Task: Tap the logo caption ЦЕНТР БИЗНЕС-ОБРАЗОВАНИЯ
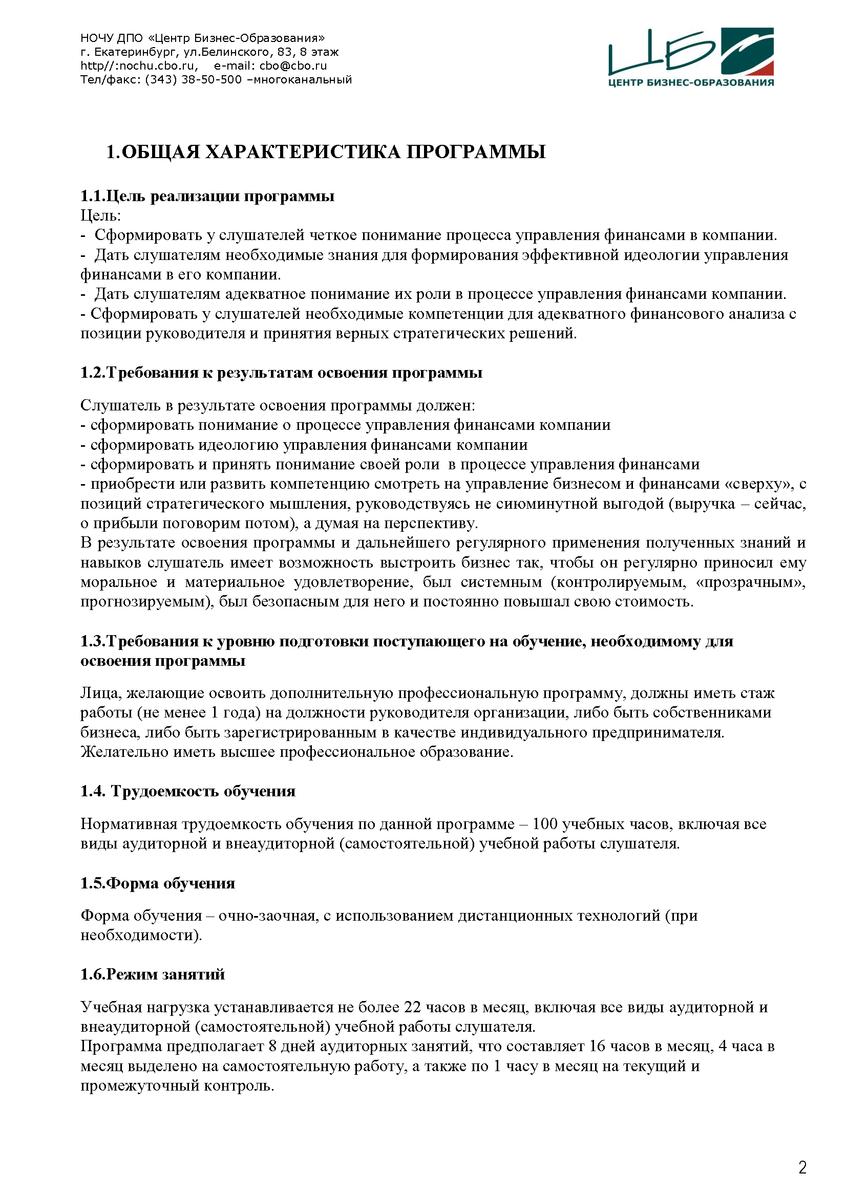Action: tap(691, 83)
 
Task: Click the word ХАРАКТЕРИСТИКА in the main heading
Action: tap(303, 151)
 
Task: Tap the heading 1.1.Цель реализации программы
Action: tap(207, 196)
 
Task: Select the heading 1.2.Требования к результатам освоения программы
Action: tap(281, 373)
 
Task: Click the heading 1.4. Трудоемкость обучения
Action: tap(188, 791)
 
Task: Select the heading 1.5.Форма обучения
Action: tap(158, 883)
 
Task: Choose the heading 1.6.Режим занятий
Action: tap(152, 974)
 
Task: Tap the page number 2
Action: tap(802, 1167)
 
